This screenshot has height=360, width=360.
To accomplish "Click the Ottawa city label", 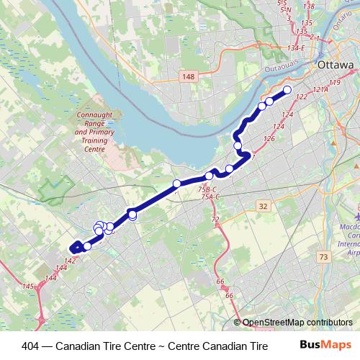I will coord(336,64).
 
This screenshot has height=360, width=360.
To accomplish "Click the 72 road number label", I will coord(215,219).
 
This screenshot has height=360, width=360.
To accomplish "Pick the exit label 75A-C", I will coord(210,197).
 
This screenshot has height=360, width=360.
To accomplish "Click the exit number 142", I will coord(70,261).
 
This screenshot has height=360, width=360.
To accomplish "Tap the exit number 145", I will coord(28,287).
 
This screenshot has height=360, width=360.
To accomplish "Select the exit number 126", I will coord(270,139).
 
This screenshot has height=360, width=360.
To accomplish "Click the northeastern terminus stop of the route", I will coord(287,90).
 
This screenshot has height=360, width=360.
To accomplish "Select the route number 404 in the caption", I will coord(32,345).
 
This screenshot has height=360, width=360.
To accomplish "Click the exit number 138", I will coord(310,7).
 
